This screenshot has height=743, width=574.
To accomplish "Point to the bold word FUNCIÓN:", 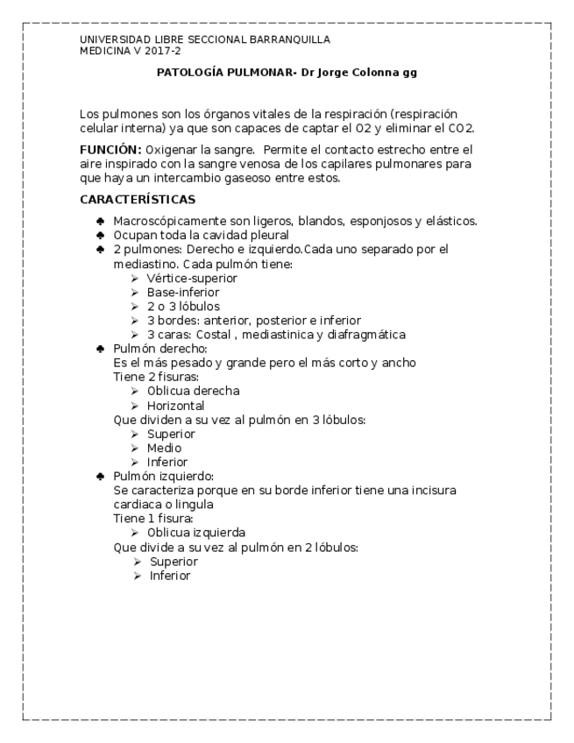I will (110, 149).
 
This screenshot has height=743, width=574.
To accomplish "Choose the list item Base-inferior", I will (183, 292).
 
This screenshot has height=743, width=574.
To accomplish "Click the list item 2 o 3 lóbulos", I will (183, 306).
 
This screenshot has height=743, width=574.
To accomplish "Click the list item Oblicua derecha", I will (193, 391).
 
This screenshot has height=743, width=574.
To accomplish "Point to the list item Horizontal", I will (176, 406).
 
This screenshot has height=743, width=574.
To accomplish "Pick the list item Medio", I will (164, 448).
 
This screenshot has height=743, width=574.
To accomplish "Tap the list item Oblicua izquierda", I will (195, 532).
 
